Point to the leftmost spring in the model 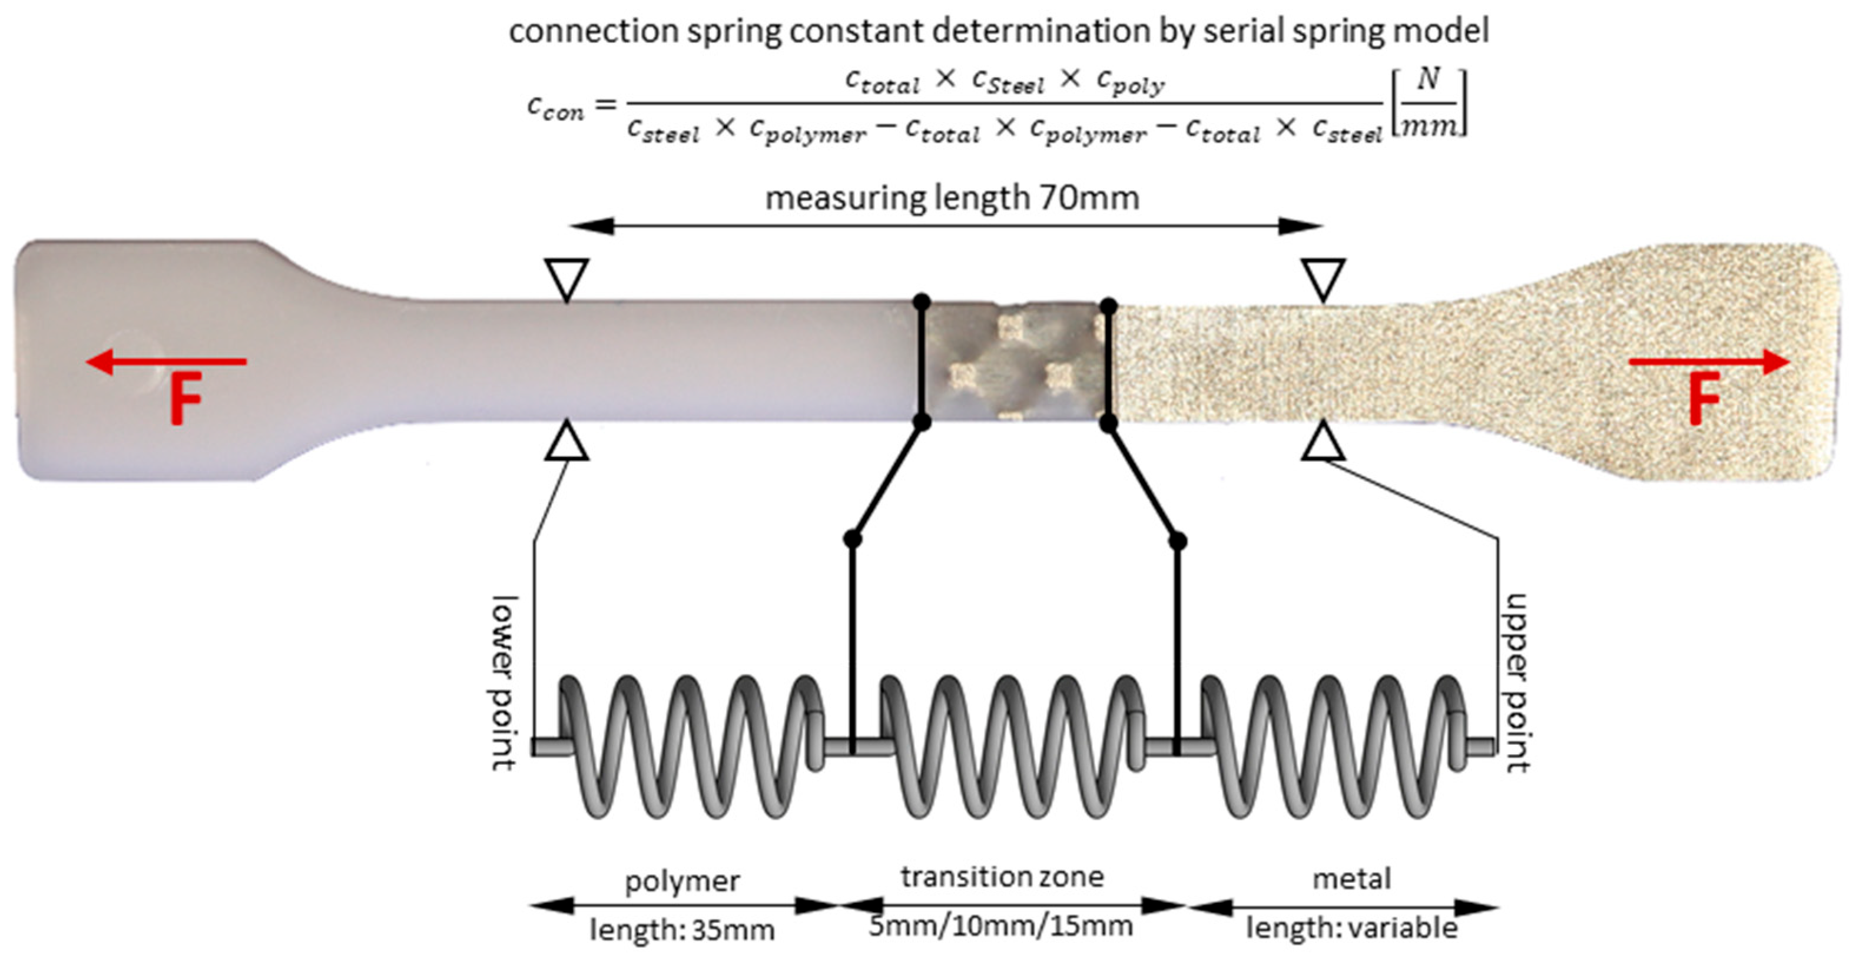coord(691,746)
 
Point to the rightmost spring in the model coord(1332,746)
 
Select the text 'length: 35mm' coord(682,930)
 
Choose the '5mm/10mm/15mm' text coord(1000,926)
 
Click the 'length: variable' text coord(1351,928)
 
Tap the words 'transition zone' coord(1002,877)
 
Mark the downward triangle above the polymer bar coord(566,278)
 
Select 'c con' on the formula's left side coord(555,108)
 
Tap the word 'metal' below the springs coord(1351,879)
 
